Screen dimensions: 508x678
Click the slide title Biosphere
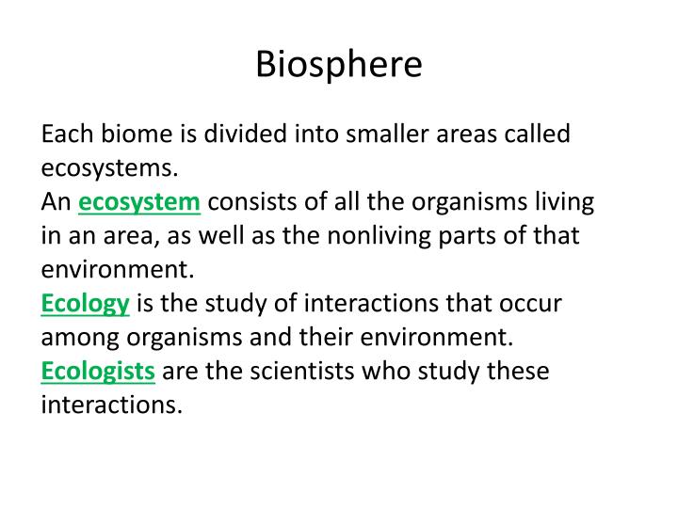pyautogui.click(x=339, y=64)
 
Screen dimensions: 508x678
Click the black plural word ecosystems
pyautogui.click(x=108, y=168)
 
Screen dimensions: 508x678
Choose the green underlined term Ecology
pyautogui.click(x=85, y=304)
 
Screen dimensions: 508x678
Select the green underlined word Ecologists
pyautogui.click(x=98, y=372)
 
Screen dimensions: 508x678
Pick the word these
pyautogui.click(x=517, y=372)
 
